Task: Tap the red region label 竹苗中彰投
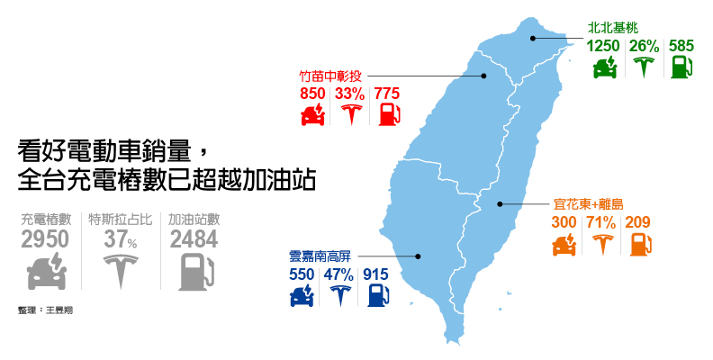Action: coord(329,75)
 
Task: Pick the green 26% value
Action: coord(644,45)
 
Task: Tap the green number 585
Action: coord(681,45)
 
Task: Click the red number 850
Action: coord(312,93)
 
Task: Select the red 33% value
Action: coord(349,93)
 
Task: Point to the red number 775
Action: coord(387,93)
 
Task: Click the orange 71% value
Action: coord(600,222)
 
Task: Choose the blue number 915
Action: coord(375,274)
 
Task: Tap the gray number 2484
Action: coord(194,238)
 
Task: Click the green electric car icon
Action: coord(604,67)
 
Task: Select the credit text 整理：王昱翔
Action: coord(44,310)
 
